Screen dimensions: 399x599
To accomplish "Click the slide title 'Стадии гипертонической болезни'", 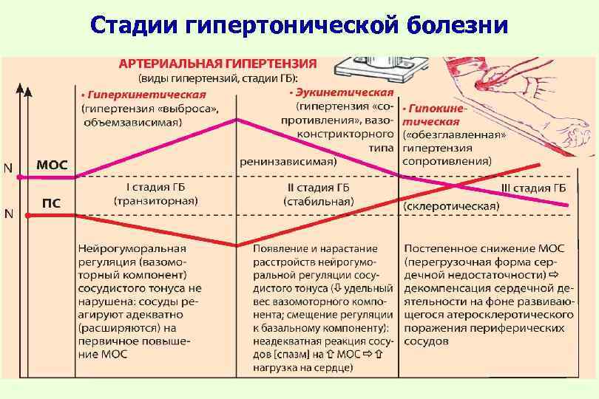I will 299,27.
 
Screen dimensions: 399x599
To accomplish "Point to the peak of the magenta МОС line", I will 237,119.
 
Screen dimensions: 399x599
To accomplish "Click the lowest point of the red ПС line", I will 237,245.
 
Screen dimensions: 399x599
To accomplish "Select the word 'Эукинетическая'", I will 343,92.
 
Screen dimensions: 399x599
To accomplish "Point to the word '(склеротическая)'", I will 451,206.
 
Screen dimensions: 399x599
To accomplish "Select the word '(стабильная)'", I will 318,200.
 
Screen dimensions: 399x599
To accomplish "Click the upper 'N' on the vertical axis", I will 8,167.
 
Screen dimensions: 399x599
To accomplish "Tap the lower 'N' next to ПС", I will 8,214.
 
